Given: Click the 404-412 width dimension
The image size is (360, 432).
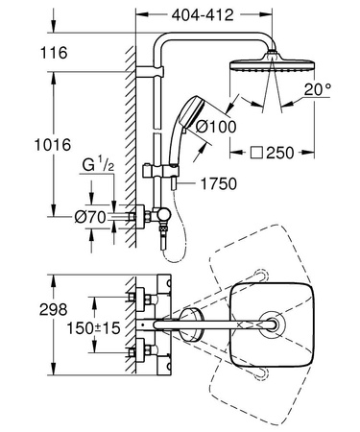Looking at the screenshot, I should pos(206,15).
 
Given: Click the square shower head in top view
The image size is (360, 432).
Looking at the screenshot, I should pos(274,325).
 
